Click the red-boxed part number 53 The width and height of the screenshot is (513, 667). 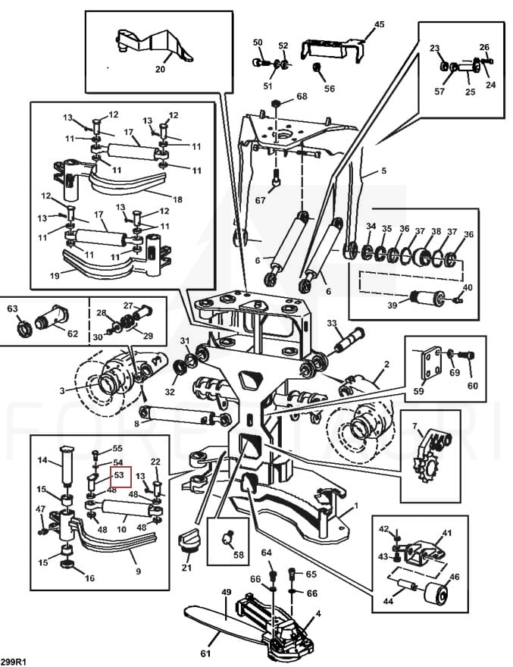click(x=120, y=476)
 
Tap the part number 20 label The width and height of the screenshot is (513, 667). click(x=160, y=68)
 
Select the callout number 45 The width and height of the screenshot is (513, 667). click(x=379, y=24)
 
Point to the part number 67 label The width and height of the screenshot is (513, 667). click(x=261, y=200)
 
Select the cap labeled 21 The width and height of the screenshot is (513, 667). click(x=186, y=543)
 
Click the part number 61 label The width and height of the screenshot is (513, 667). click(x=204, y=653)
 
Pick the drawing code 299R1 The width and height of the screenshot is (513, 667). click(x=15, y=661)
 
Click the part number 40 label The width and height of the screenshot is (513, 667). click(x=467, y=287)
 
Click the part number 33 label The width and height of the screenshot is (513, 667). click(x=331, y=324)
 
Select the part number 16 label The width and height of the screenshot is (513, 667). click(x=89, y=578)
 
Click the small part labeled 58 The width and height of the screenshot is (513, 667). click(x=227, y=540)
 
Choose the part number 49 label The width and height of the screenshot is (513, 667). click(x=225, y=591)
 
